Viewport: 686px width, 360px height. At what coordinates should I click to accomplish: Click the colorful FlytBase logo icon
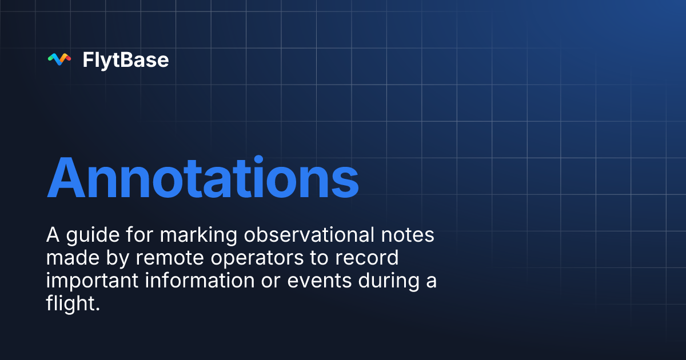[59, 59]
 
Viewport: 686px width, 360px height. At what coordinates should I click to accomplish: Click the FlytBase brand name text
[126, 60]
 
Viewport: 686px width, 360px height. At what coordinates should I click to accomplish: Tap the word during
[390, 281]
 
